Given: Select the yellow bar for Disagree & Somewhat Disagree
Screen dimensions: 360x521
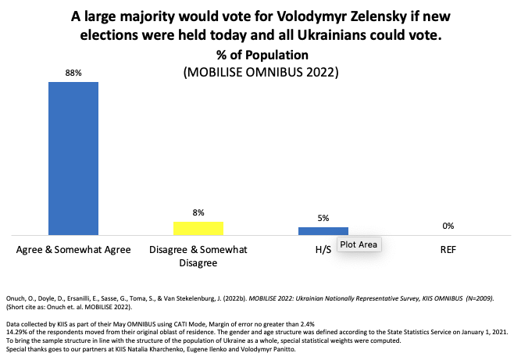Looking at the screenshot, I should tap(198, 228).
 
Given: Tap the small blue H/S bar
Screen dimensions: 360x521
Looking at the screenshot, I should tap(323, 230).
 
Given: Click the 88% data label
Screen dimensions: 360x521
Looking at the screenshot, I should tap(73, 73).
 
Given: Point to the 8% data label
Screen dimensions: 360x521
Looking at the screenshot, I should tap(198, 212).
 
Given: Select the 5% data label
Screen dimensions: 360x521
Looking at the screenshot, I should tap(323, 218).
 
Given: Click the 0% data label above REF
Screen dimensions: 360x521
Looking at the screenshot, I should tap(448, 226).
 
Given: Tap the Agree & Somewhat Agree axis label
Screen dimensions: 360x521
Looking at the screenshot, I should tap(73, 250).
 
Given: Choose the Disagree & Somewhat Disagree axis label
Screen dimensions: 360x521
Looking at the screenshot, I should tap(198, 256).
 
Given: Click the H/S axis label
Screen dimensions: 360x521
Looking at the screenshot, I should tap(323, 250).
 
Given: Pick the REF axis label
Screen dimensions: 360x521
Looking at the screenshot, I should tap(448, 250).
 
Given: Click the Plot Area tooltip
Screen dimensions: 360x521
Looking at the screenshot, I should tap(359, 245).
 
